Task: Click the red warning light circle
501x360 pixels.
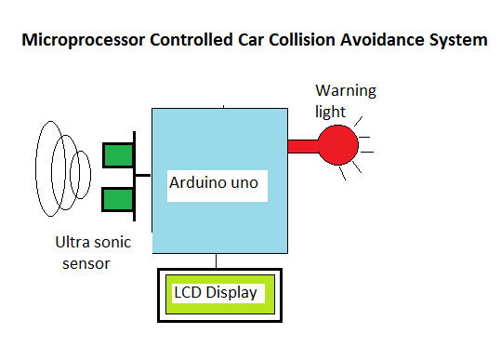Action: [x=338, y=144]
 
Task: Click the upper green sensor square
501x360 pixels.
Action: [x=118, y=154]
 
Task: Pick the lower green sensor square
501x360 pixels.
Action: [x=118, y=199]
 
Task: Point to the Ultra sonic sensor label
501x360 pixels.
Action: [x=93, y=252]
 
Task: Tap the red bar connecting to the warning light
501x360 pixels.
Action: [x=303, y=145]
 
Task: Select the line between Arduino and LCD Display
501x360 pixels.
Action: [x=217, y=261]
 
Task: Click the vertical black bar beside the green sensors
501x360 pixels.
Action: [x=136, y=177]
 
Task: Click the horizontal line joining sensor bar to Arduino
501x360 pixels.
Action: [x=144, y=175]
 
